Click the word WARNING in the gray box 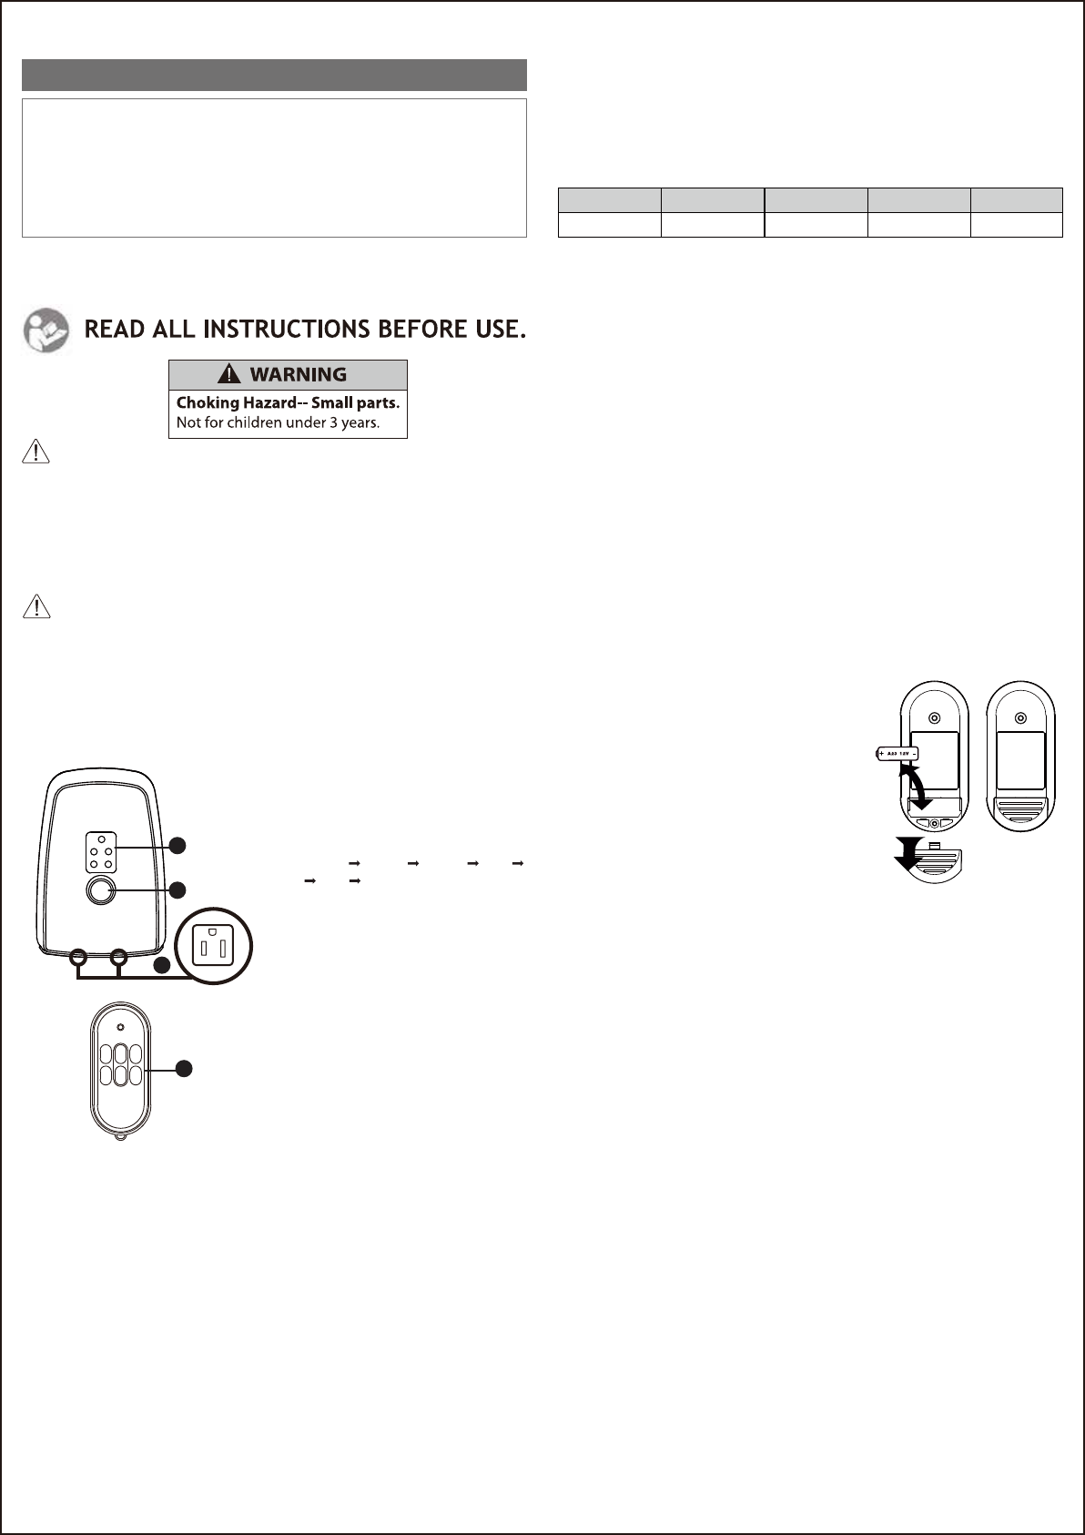(x=298, y=374)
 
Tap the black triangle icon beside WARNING (x=229, y=374)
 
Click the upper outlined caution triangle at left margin (x=35, y=452)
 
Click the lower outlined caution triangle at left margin (x=35, y=606)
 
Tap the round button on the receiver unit (x=100, y=890)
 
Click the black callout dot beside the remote (x=184, y=1069)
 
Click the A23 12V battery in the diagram (x=897, y=754)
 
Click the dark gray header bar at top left (x=274, y=75)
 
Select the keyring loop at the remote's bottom (x=120, y=1137)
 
